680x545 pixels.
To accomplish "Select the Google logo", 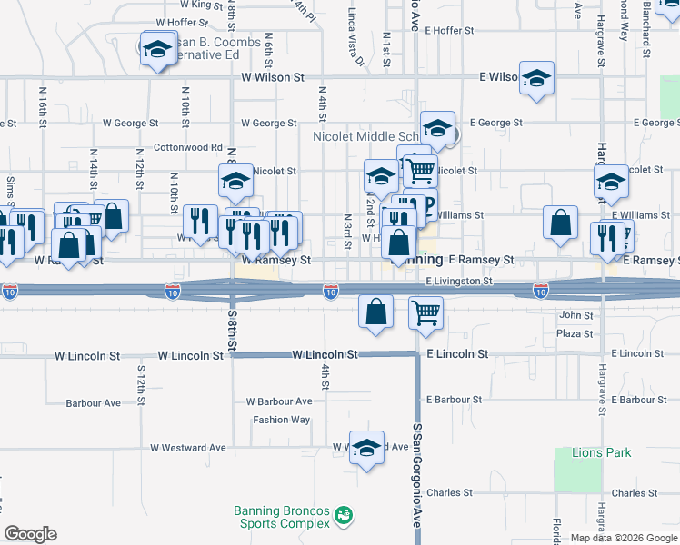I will [30, 534].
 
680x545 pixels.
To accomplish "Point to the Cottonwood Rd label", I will [188, 146].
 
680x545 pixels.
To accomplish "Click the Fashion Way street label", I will [281, 420].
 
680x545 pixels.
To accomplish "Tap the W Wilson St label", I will [273, 78].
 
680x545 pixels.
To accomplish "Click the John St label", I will [575, 315].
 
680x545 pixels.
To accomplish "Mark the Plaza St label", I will [575, 333].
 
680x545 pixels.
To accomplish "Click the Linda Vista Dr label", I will [355, 39].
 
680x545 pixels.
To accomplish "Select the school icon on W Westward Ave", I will [366, 448].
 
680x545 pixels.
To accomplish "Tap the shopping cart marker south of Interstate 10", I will [425, 312].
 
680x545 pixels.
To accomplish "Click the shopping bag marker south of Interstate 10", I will [375, 312].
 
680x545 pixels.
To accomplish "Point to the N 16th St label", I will [43, 110].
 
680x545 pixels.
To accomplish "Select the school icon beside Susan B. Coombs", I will [157, 49].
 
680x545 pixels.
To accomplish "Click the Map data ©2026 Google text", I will [623, 538].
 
